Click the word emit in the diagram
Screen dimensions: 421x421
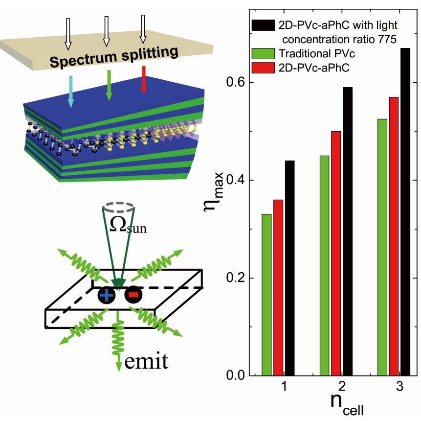[x=146, y=361]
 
